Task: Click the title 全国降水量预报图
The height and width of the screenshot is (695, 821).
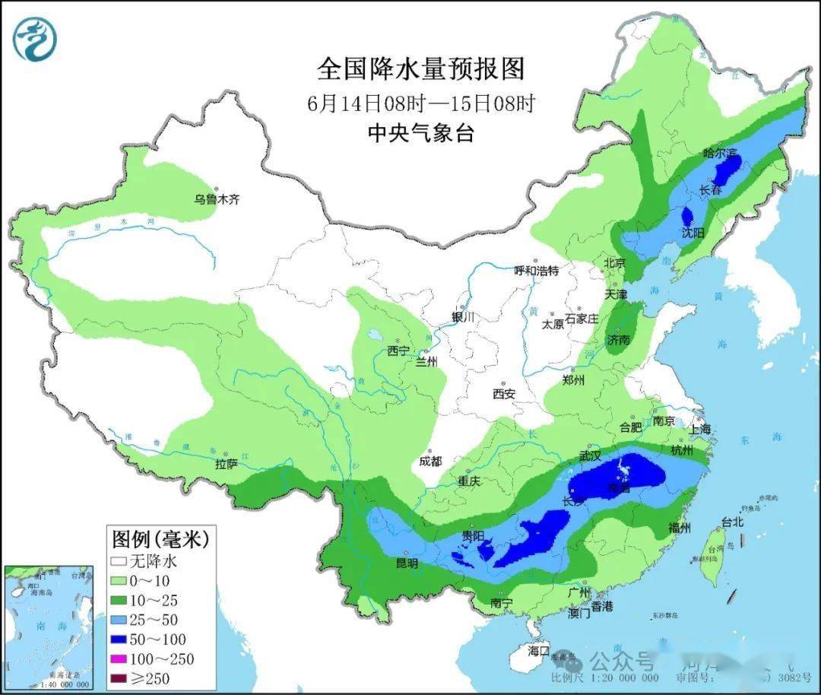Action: point(420,69)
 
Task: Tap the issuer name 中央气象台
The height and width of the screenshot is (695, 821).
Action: point(420,133)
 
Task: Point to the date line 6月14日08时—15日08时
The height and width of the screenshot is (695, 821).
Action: point(420,103)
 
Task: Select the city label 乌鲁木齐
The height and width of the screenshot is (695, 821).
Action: point(217,200)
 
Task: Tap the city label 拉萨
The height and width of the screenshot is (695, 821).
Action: point(227,463)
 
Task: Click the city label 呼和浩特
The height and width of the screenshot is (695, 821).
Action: point(536,271)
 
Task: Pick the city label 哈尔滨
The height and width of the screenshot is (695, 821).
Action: point(720,154)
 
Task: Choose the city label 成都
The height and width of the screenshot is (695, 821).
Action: point(431,462)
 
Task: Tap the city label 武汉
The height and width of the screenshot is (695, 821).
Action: point(591,456)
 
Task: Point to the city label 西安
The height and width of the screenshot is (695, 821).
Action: point(504,394)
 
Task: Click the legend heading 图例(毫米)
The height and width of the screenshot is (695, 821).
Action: point(160,540)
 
